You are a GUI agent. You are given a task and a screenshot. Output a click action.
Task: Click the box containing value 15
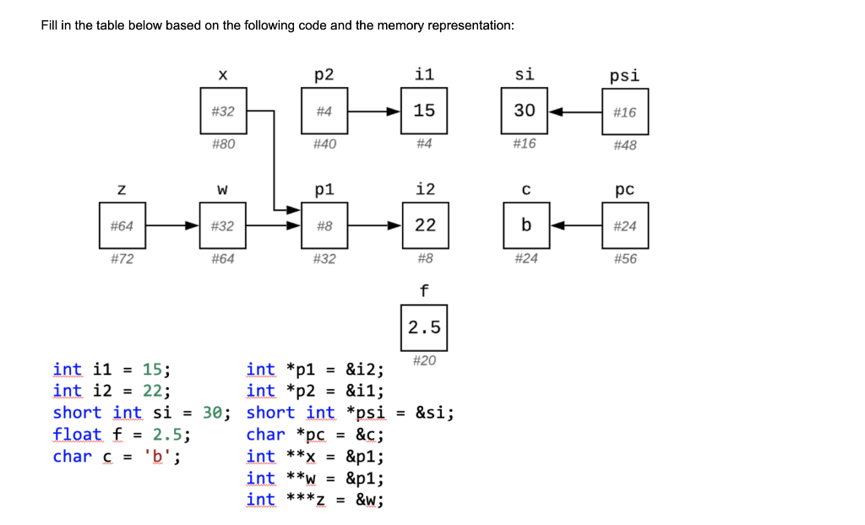[x=424, y=111]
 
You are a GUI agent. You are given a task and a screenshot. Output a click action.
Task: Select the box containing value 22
[x=424, y=225]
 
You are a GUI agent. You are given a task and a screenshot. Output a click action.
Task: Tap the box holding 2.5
[x=424, y=327]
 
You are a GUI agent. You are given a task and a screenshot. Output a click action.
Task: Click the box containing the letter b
[x=526, y=225]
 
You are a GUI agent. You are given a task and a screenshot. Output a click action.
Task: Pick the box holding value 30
[x=525, y=111]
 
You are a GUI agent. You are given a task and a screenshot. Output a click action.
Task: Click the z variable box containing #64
[x=122, y=225]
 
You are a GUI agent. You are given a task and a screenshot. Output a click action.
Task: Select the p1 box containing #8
[x=324, y=225]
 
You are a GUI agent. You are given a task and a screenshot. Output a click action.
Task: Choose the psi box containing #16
[x=625, y=111]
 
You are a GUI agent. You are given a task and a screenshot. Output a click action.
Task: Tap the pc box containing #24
[x=625, y=225]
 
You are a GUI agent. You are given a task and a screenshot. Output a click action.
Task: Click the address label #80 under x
[x=223, y=144]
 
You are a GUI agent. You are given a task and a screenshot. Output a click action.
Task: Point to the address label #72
[x=122, y=259]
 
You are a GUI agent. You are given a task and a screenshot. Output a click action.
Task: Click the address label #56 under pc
[x=625, y=259]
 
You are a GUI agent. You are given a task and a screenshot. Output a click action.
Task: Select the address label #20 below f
[x=424, y=360]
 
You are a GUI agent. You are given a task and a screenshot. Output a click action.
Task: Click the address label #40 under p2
[x=324, y=144]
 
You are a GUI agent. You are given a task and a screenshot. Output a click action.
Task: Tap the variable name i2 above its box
[x=424, y=188]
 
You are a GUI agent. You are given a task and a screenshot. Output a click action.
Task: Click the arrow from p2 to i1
[x=374, y=111]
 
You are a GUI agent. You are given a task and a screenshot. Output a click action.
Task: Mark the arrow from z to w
[x=172, y=225]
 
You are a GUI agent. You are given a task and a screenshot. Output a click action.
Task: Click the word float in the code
[x=77, y=435]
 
